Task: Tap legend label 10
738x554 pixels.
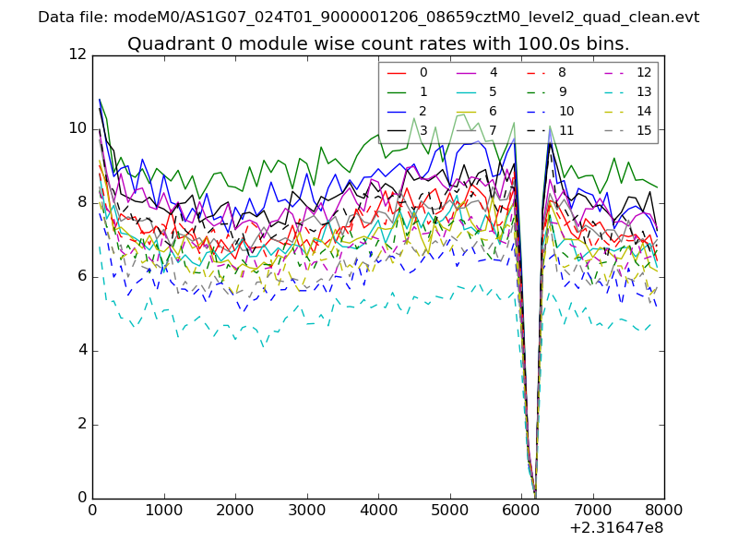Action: pos(566,111)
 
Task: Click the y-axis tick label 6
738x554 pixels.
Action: pos(80,276)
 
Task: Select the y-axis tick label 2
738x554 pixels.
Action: pos(80,424)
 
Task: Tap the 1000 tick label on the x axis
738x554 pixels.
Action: pos(163,509)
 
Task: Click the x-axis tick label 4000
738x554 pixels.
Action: pos(378,509)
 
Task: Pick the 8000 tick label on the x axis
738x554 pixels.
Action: pos(664,509)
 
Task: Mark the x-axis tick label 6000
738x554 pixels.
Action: pos(521,509)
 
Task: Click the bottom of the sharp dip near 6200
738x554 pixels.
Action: pos(534,494)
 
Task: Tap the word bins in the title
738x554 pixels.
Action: pos(610,44)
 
